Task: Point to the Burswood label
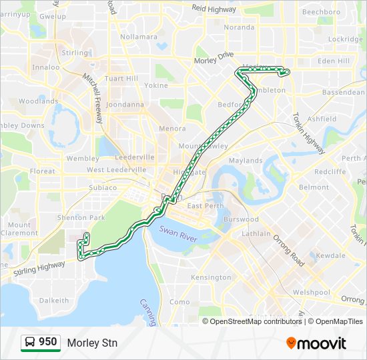(x=241, y=219)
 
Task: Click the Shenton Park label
(x=81, y=218)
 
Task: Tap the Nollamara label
(x=139, y=37)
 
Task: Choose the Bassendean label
(x=343, y=92)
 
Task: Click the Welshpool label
(x=311, y=292)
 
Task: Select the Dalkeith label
(x=54, y=301)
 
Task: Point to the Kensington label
(x=211, y=277)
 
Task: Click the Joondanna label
(x=125, y=105)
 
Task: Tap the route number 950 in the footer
(x=47, y=342)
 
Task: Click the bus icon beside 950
(x=30, y=343)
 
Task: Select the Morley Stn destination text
(x=91, y=343)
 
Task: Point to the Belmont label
(x=314, y=187)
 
